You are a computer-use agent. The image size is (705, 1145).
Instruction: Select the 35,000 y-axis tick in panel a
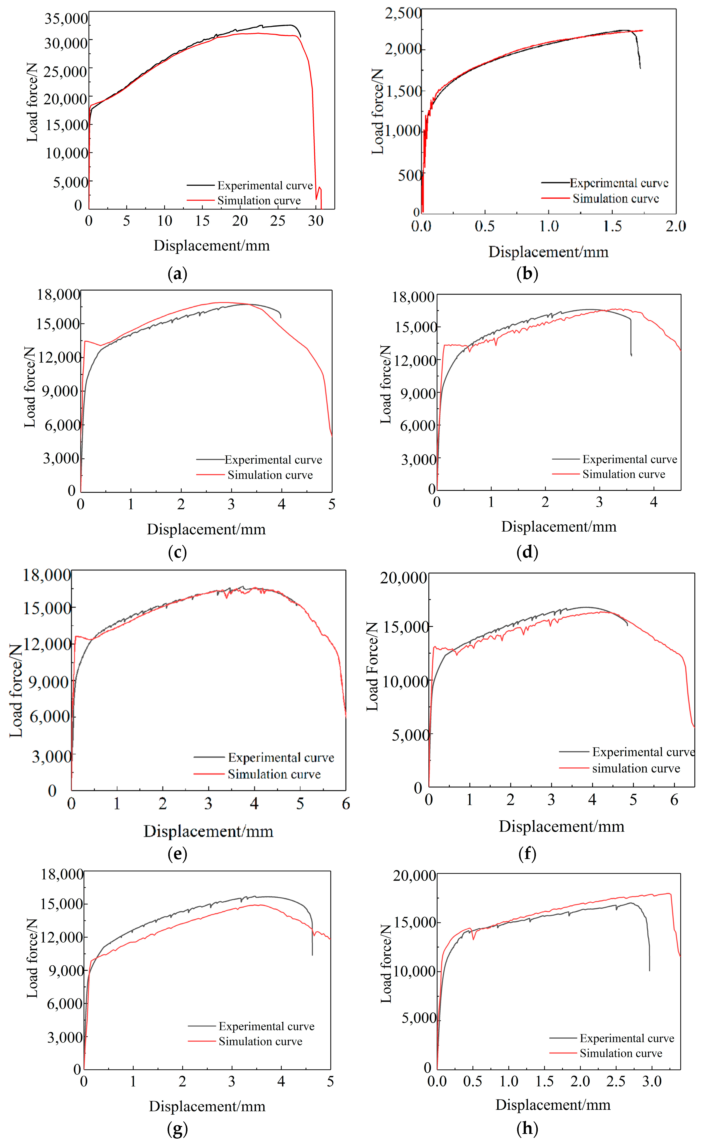pyautogui.click(x=66, y=19)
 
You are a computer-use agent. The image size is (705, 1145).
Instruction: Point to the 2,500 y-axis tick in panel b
pyautogui.click(x=403, y=13)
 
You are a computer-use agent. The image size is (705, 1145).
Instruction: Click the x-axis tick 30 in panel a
pyautogui.click(x=316, y=221)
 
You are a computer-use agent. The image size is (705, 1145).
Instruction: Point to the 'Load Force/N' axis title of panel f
pyautogui.click(x=372, y=666)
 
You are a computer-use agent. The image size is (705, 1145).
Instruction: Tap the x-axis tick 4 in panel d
pyautogui.click(x=654, y=502)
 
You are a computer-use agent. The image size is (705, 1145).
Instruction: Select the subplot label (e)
pyautogui.click(x=177, y=853)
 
